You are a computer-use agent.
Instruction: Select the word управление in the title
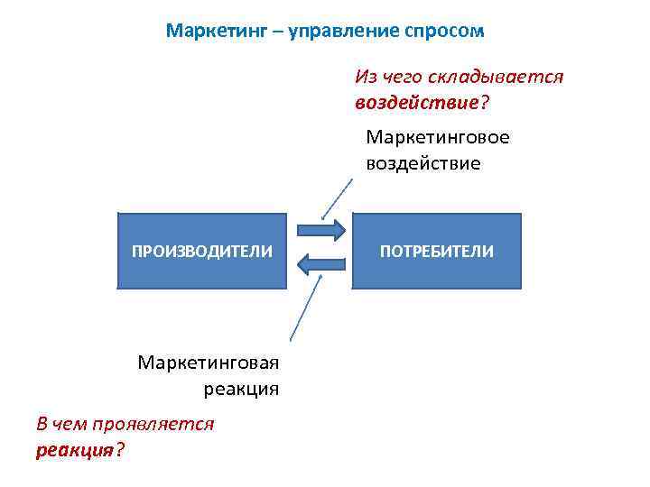pos(346,31)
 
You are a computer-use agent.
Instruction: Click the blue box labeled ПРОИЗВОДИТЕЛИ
pos(202,251)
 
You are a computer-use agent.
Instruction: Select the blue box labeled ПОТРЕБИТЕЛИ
pos(437,251)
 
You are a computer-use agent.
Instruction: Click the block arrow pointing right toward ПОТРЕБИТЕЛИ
pos(320,229)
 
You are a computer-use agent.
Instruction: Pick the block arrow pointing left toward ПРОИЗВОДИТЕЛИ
pos(320,263)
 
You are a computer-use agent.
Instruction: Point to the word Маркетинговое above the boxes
pos(438,137)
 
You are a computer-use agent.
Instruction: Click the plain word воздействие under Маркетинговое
pos(423,164)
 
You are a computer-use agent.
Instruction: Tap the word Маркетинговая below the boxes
pos(209,363)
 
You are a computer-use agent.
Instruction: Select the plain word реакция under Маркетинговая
pos(241,390)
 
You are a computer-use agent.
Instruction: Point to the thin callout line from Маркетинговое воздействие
pos(339,198)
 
